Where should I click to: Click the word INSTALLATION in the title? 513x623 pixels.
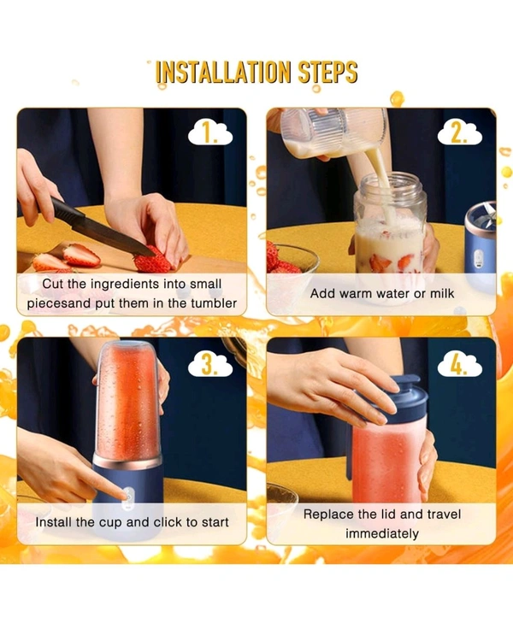[223, 72]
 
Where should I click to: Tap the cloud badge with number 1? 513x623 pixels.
[209, 133]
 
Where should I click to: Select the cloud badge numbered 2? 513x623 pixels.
[459, 133]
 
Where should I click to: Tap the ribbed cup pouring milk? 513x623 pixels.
[333, 131]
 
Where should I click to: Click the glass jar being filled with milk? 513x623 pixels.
[391, 226]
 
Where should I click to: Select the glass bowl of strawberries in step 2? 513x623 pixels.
[292, 258]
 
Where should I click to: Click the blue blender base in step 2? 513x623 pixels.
[481, 243]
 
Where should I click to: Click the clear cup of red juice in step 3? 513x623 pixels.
[129, 402]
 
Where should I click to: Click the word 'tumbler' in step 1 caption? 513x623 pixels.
[214, 303]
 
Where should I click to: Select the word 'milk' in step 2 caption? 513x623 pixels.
[441, 294]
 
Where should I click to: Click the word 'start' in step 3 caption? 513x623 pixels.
[215, 522]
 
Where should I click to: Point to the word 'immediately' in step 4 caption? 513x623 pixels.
[382, 533]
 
